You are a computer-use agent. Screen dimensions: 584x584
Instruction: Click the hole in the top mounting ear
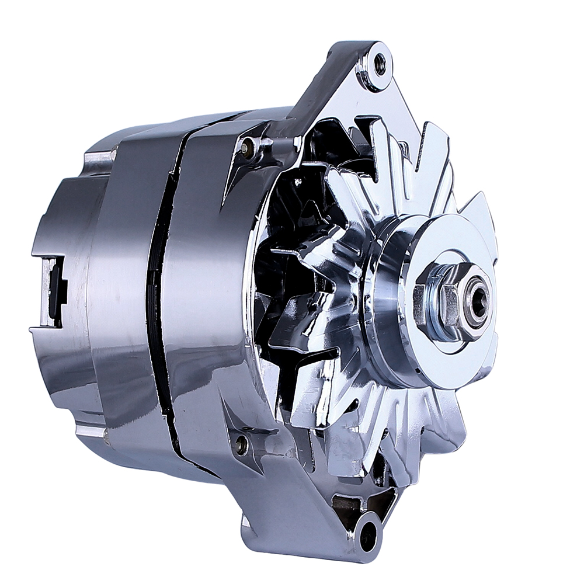tap(380, 64)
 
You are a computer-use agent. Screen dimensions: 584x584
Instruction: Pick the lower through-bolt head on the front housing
tap(240, 445)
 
